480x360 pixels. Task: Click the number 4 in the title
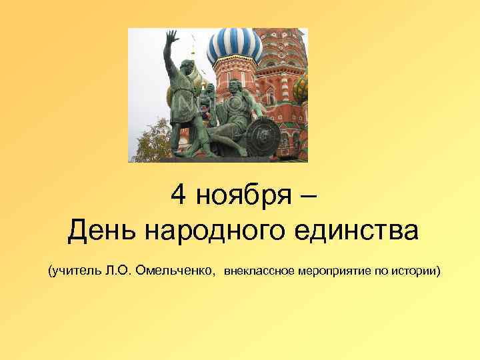pos(178,195)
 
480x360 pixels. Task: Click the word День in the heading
pos(103,231)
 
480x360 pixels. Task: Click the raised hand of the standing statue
pos(172,37)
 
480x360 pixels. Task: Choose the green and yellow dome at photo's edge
pos(301,87)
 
